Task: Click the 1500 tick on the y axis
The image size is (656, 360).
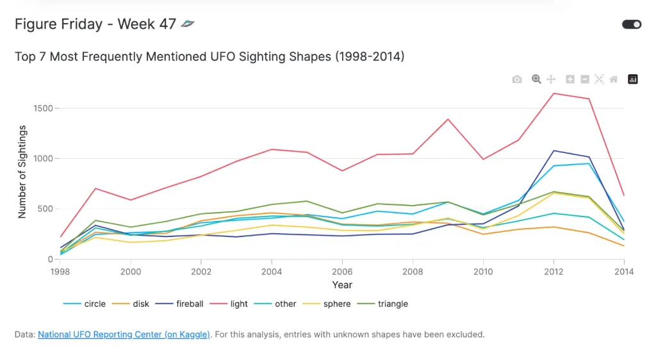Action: click(44, 108)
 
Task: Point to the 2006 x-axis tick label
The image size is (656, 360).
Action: click(342, 271)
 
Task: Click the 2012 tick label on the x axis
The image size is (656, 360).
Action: click(553, 271)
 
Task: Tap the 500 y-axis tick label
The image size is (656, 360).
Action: click(46, 209)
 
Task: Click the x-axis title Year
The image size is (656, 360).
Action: click(342, 284)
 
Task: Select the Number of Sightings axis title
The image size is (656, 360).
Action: click(22, 172)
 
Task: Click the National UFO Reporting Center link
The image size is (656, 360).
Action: click(124, 334)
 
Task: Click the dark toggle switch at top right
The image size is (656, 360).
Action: click(632, 24)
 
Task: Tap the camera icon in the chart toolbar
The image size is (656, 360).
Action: click(517, 79)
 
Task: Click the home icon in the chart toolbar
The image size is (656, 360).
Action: click(614, 79)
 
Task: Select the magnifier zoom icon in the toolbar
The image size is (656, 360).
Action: click(536, 79)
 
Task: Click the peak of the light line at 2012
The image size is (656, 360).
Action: click(553, 94)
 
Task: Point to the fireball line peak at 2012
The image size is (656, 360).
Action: click(553, 151)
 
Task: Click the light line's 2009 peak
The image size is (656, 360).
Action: click(448, 119)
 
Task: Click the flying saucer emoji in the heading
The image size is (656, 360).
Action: click(187, 24)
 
